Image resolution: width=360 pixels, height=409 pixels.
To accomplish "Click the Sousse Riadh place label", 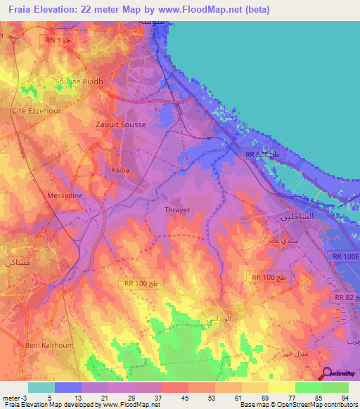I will coord(79,82).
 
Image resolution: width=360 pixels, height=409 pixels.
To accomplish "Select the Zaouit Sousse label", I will coord(120,124).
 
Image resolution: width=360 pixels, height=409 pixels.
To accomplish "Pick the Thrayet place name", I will coord(177,210).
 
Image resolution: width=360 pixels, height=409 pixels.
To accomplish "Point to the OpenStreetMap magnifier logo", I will coord(325,374).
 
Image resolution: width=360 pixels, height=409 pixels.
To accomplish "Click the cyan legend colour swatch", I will coord(41,387).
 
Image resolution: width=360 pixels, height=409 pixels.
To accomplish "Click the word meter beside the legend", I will coord(8,398).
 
